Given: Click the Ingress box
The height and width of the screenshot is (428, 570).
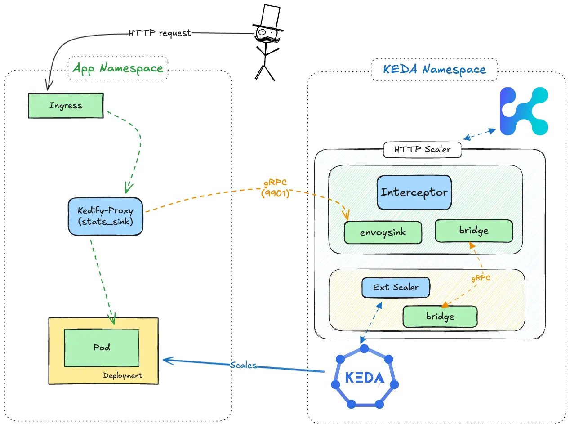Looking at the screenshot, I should coord(66,106).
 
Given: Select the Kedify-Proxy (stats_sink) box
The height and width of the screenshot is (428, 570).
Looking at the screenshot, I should coord(105,216).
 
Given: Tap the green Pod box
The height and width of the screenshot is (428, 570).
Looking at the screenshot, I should coord(102,347).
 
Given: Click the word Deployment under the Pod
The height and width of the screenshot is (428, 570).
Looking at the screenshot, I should coord(122,375).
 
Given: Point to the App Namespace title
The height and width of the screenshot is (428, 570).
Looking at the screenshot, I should coord(118,68).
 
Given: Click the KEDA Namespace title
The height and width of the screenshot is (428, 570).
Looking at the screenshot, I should coord(434,70).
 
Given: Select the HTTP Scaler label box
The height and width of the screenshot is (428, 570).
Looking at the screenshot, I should coord(422,149).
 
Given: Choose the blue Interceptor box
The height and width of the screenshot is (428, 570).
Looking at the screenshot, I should coord(414,192).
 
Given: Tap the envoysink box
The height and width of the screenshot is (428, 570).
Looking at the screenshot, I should coord(383,233).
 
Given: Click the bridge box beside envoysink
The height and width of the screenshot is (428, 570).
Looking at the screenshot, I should coord(473,231).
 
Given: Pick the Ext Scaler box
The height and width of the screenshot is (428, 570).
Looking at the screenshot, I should coord(396,287).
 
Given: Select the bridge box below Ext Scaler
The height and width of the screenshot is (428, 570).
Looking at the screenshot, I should coord(440,317).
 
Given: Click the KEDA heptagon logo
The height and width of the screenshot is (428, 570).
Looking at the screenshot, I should coord(365,377).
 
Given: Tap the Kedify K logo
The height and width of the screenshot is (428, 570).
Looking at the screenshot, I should coord(524,111).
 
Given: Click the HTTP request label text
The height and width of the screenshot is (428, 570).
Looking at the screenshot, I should coord(160,33).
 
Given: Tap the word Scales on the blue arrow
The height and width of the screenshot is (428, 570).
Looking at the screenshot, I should coord(243,365).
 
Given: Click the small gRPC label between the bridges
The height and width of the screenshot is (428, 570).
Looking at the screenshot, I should coord(480,278).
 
